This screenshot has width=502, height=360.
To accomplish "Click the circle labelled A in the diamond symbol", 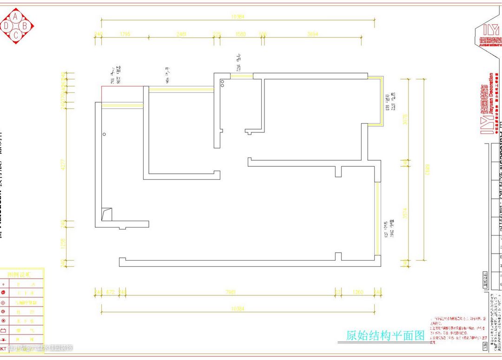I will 16,17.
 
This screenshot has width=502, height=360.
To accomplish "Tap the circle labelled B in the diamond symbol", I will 25,26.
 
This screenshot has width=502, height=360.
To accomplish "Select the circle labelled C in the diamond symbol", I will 16,35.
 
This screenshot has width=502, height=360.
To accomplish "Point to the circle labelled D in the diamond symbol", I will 7,26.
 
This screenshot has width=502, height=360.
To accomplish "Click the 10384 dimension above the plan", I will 238,17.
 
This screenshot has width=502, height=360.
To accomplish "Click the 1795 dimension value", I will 125,34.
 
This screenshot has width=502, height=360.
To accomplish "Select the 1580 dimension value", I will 240,34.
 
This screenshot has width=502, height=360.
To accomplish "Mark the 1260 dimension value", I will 357,292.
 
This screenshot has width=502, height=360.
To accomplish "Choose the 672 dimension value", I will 110,292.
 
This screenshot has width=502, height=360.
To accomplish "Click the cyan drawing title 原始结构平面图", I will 386,335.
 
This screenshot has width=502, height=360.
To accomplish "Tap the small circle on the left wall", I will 105,134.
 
